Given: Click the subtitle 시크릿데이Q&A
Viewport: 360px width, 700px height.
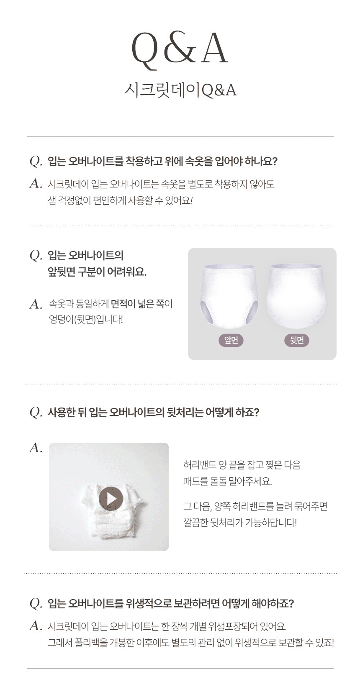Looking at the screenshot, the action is pyautogui.click(x=180, y=90).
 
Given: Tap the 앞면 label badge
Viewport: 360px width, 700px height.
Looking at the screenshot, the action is pyautogui.click(x=231, y=340).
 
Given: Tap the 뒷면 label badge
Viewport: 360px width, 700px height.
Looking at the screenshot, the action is pyautogui.click(x=296, y=340).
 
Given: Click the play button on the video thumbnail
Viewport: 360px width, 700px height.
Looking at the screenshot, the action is pyautogui.click(x=111, y=499).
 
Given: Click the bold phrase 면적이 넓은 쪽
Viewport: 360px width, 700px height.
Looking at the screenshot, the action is pyautogui.click(x=138, y=303).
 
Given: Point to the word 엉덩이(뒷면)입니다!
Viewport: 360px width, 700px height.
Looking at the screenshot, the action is pyautogui.click(x=86, y=320).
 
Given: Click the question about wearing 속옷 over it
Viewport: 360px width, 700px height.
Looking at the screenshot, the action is pyautogui.click(x=163, y=161).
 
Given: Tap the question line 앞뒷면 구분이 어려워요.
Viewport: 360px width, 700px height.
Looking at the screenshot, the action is pyautogui.click(x=97, y=272).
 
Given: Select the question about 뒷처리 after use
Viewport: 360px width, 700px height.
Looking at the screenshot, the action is pyautogui.click(x=154, y=412).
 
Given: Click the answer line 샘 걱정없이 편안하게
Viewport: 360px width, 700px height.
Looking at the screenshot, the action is pyautogui.click(x=120, y=200).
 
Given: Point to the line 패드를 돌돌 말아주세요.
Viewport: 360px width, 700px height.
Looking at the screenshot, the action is pyautogui.click(x=228, y=481).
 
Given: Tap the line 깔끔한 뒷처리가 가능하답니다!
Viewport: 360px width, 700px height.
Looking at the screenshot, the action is pyautogui.click(x=240, y=522).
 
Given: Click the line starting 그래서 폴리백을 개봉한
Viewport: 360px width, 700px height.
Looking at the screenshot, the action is pyautogui.click(x=191, y=642).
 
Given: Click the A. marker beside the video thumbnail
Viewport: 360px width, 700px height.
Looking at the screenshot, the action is pyautogui.click(x=36, y=448).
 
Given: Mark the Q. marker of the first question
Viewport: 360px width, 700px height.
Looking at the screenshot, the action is pyautogui.click(x=36, y=162).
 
